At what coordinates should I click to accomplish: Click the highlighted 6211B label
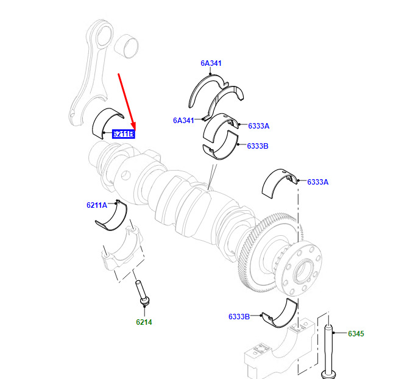124,133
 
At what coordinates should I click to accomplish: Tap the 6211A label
97,205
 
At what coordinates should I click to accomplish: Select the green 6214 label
144,322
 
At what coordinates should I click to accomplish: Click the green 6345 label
356,334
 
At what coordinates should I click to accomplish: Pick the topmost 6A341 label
211,63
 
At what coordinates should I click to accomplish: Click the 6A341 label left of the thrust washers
183,121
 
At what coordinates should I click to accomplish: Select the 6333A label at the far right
317,182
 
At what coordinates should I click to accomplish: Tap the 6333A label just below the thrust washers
258,126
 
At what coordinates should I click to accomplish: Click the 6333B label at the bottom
239,317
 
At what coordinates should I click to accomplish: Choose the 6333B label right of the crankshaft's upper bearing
258,146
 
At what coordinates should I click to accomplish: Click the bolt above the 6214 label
142,293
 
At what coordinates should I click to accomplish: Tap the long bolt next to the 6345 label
328,351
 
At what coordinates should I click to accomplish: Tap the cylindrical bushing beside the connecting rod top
126,46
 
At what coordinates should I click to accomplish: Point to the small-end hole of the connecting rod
104,35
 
